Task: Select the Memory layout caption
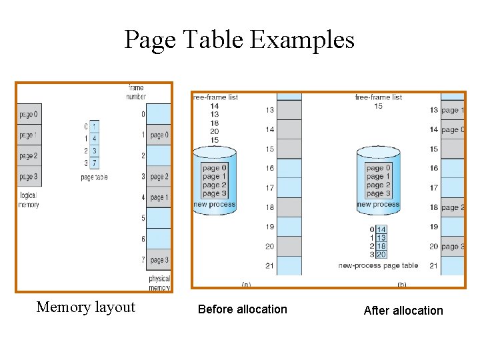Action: coord(85,307)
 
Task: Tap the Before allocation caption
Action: coord(243,309)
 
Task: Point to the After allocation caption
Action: coord(403,310)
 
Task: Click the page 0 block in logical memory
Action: coord(29,114)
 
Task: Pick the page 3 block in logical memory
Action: coord(29,177)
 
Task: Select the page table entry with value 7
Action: coord(95,163)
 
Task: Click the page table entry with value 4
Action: coord(95,139)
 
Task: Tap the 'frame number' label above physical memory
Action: coord(136,92)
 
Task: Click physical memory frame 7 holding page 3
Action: coord(158,259)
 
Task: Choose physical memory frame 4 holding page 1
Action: coord(158,197)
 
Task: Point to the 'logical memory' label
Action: coord(29,200)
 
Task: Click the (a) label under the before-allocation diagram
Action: coord(246,284)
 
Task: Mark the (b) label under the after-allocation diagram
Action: coord(402,284)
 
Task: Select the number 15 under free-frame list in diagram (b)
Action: coord(379,106)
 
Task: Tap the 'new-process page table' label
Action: coord(378,265)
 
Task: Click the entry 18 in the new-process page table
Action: coord(381,246)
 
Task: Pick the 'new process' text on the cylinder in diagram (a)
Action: coord(214,205)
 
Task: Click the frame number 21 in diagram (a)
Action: coord(269,266)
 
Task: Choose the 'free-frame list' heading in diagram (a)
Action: coord(215,97)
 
